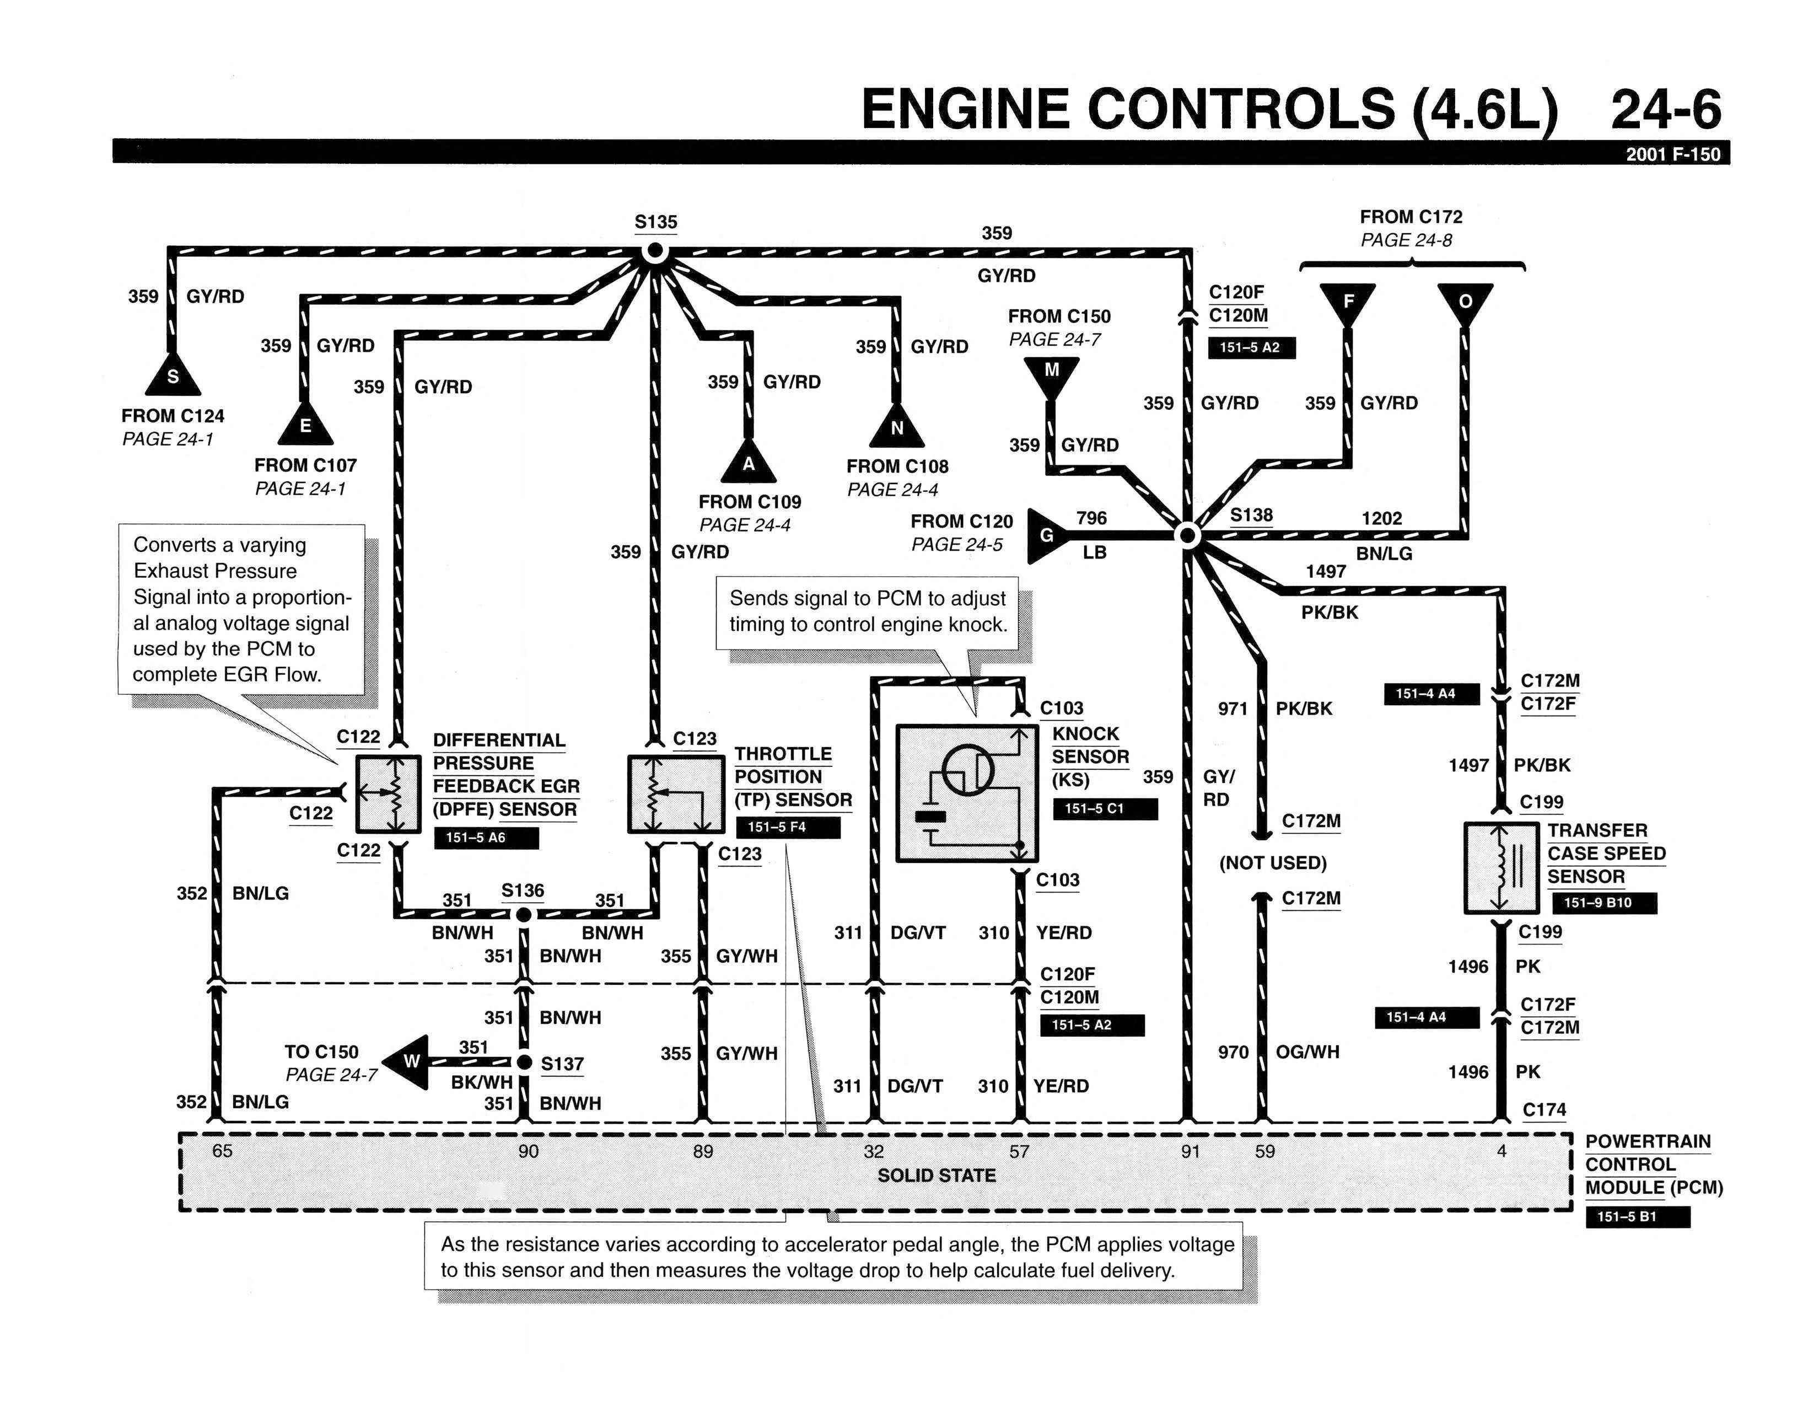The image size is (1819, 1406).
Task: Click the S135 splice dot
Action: [x=655, y=251]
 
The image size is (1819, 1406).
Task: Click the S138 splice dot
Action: [x=1188, y=535]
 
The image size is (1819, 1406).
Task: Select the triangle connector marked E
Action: [x=306, y=422]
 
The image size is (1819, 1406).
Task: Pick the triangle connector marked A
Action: [x=748, y=460]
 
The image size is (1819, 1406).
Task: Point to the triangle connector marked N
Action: [x=896, y=425]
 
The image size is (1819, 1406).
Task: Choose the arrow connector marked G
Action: [x=1051, y=535]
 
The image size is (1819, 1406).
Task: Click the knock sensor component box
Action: [x=967, y=793]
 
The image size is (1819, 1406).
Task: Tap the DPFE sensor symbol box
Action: [x=388, y=794]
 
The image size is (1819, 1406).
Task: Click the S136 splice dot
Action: [x=523, y=915]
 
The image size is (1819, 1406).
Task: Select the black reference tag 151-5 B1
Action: [x=1638, y=1216]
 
